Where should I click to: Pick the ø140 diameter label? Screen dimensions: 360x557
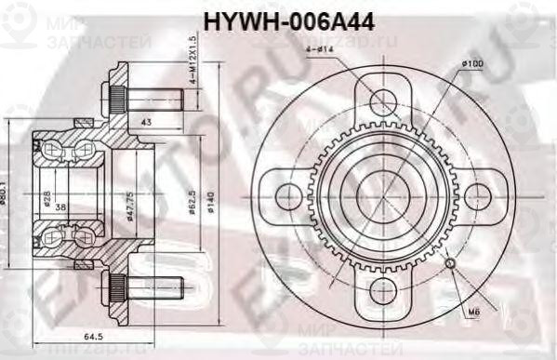click(211, 197)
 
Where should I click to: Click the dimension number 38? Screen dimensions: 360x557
click(60, 207)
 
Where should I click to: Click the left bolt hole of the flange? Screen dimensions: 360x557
click(290, 195)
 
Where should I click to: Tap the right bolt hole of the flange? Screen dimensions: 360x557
click(475, 195)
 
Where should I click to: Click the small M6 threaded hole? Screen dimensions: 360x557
click(451, 264)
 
